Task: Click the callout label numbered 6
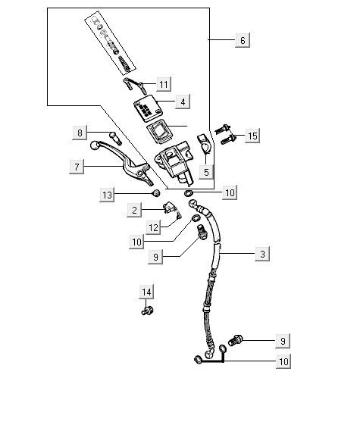coord(243,40)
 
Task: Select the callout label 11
coord(164,84)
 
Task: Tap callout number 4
coord(183,102)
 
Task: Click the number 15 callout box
coord(252,136)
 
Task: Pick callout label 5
coord(206,172)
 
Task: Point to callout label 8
coord(80,133)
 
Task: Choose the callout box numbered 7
coord(77,167)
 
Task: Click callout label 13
coord(107,195)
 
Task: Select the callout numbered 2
coord(134,210)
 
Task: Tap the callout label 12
coord(153,227)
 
